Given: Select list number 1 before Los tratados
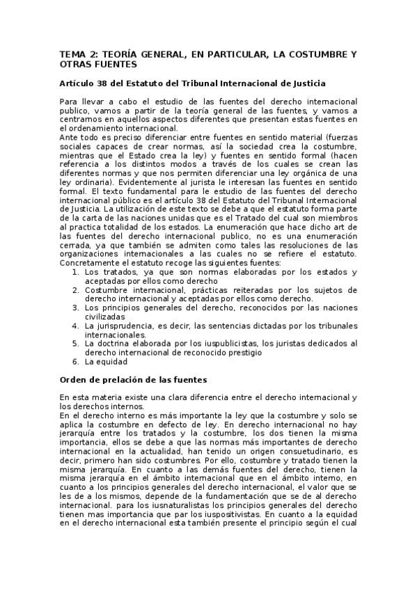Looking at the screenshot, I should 75,272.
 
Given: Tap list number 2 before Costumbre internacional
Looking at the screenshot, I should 75,289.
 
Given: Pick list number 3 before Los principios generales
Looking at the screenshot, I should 75,307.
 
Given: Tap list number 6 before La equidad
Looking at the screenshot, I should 75,361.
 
